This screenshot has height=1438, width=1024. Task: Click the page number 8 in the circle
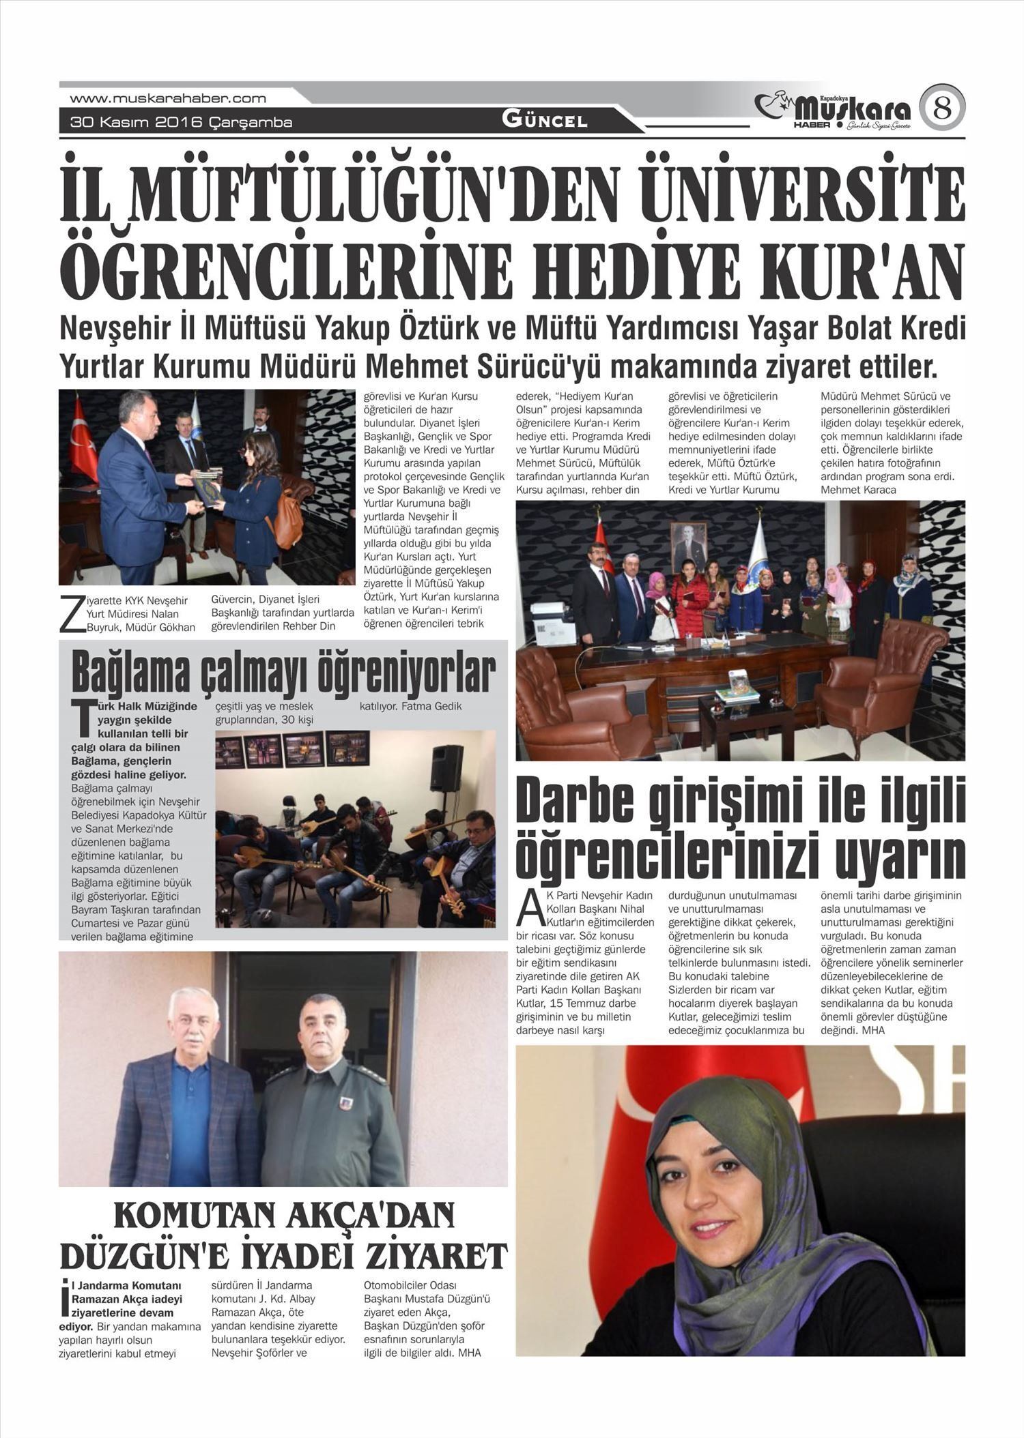pyautogui.click(x=942, y=108)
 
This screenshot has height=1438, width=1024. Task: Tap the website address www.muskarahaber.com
pyautogui.click(x=168, y=98)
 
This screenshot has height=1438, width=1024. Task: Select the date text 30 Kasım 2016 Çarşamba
pyautogui.click(x=181, y=123)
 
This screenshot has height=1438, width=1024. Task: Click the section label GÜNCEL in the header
pyautogui.click(x=545, y=121)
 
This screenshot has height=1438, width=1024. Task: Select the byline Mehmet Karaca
pyautogui.click(x=858, y=490)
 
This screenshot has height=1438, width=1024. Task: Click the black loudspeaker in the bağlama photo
pyautogui.click(x=446, y=769)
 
